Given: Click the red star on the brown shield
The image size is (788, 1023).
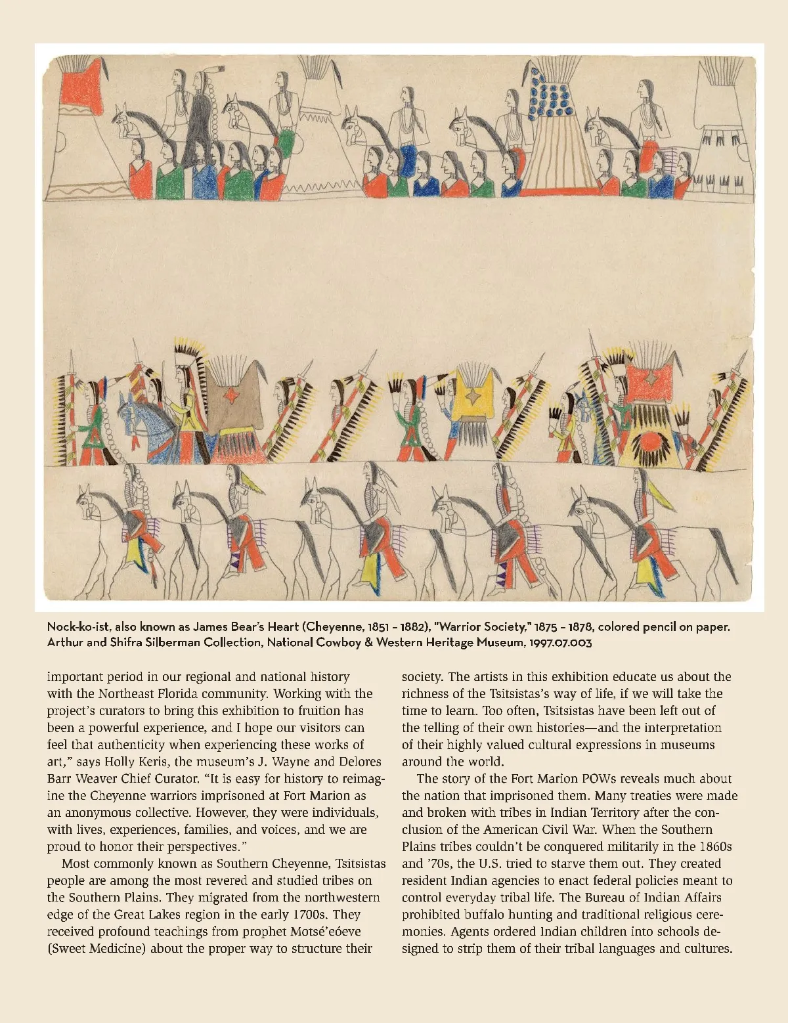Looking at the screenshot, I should (x=230, y=395).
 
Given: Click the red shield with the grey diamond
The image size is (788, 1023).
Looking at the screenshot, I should (x=653, y=380).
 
